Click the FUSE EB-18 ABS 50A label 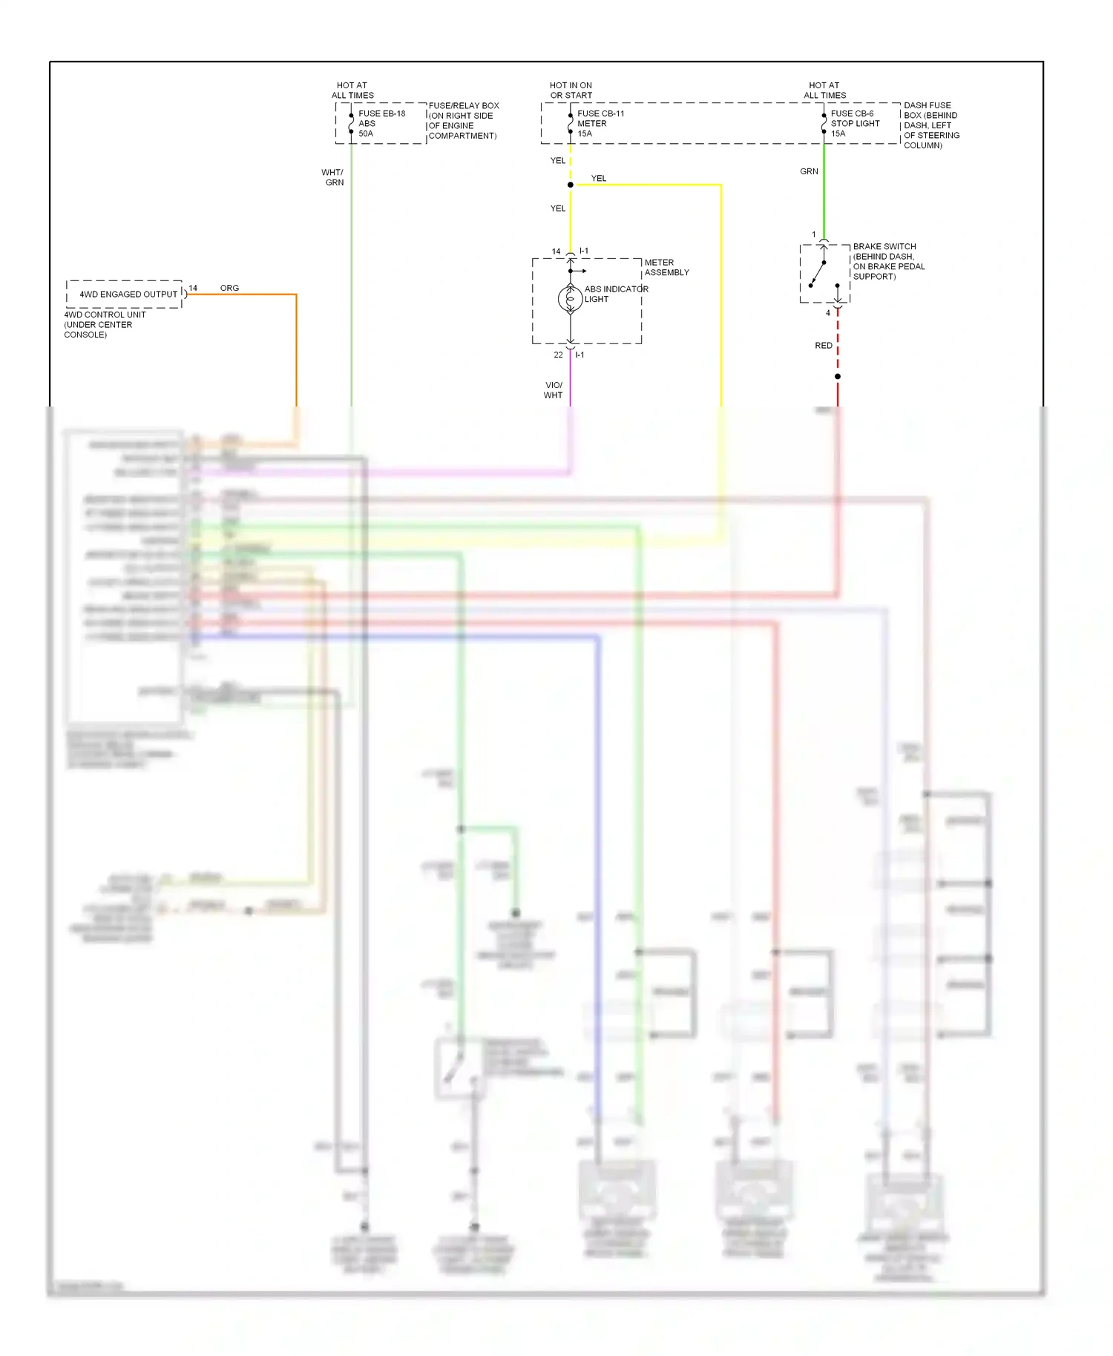381,123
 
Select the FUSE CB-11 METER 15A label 600,123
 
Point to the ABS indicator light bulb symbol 570,299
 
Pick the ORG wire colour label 229,288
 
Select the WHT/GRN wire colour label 332,177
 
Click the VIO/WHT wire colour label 554,390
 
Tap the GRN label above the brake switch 809,171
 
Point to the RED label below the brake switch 824,346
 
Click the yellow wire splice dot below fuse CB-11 570,185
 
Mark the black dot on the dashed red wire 838,377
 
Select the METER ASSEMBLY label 666,268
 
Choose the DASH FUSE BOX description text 931,125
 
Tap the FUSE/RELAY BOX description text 463,121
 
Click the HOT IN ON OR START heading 571,90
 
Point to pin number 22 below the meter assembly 558,355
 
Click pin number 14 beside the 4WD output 193,288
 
